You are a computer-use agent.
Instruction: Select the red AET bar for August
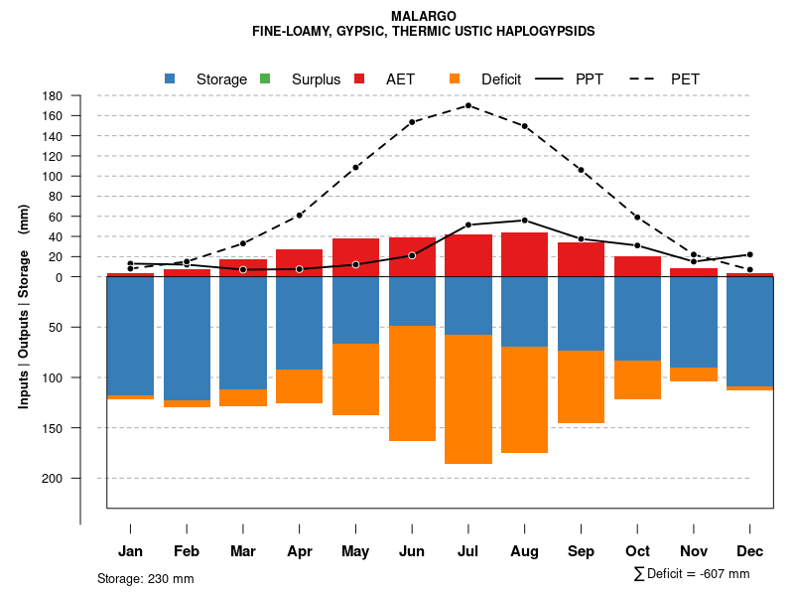pyautogui.click(x=525, y=254)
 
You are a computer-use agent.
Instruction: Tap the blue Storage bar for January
pyautogui.click(x=130, y=336)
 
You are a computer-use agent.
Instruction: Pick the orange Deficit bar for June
pyautogui.click(x=412, y=383)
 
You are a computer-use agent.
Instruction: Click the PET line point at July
pyautogui.click(x=468, y=105)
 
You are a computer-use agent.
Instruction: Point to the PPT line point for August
pyautogui.click(x=525, y=221)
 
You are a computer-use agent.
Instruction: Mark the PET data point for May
pyautogui.click(x=355, y=168)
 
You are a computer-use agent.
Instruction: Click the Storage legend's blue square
pyautogui.click(x=170, y=78)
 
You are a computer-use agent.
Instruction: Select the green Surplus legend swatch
pyautogui.click(x=265, y=78)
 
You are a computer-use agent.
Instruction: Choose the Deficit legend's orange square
pyautogui.click(x=455, y=78)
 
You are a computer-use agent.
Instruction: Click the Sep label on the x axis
pyautogui.click(x=582, y=551)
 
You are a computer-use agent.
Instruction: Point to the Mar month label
pyautogui.click(x=243, y=551)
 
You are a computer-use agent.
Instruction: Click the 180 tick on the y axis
pyautogui.click(x=54, y=96)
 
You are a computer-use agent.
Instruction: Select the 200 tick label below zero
pyautogui.click(x=54, y=479)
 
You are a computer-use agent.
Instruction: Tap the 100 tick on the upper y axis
pyautogui.click(x=54, y=177)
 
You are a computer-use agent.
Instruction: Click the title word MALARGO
pyautogui.click(x=424, y=17)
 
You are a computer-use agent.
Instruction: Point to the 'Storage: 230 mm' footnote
pyautogui.click(x=146, y=578)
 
